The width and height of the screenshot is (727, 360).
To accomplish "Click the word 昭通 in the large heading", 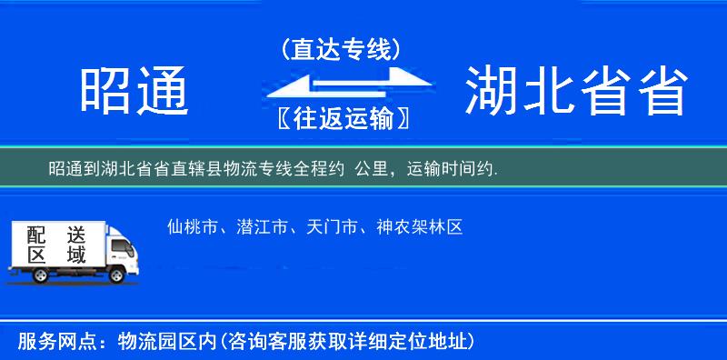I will click(x=134, y=92).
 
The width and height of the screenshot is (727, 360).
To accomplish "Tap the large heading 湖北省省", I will click(x=574, y=92).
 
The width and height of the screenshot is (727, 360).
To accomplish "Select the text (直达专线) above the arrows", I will click(x=342, y=50).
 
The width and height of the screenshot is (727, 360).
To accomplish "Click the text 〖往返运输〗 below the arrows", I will click(x=342, y=119).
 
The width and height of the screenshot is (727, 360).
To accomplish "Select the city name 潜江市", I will click(x=262, y=227).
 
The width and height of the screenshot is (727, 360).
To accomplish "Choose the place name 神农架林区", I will click(x=420, y=227).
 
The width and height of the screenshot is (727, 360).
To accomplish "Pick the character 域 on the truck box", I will click(x=76, y=255).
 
